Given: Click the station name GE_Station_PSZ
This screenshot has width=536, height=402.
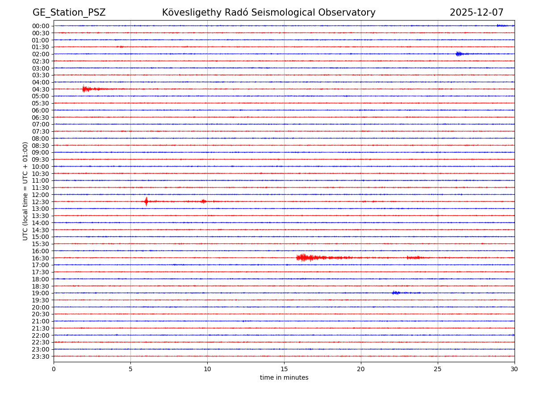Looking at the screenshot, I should click(x=69, y=13).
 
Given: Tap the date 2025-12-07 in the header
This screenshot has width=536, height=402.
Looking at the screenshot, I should click(x=476, y=13).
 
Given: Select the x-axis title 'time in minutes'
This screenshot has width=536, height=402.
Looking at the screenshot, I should click(x=284, y=378).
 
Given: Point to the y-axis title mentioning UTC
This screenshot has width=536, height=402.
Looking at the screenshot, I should click(x=25, y=191).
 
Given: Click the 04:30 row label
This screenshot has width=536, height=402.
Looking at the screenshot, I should click(x=41, y=89).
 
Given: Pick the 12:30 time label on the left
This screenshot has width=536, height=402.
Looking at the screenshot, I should click(x=41, y=202).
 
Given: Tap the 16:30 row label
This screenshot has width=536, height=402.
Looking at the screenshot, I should click(x=41, y=258).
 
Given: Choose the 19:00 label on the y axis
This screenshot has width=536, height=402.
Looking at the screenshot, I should click(x=41, y=293).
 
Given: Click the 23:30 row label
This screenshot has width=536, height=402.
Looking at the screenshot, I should click(x=41, y=356).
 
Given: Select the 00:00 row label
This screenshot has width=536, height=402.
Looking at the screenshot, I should click(x=41, y=26).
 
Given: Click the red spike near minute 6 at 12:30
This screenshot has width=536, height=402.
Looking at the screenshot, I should click(x=146, y=201).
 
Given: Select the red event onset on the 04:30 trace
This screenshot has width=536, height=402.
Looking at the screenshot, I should click(x=84, y=89).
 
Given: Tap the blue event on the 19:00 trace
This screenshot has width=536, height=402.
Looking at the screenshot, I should click(x=396, y=293).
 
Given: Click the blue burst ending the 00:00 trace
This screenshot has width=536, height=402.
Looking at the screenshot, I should click(x=502, y=25).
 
